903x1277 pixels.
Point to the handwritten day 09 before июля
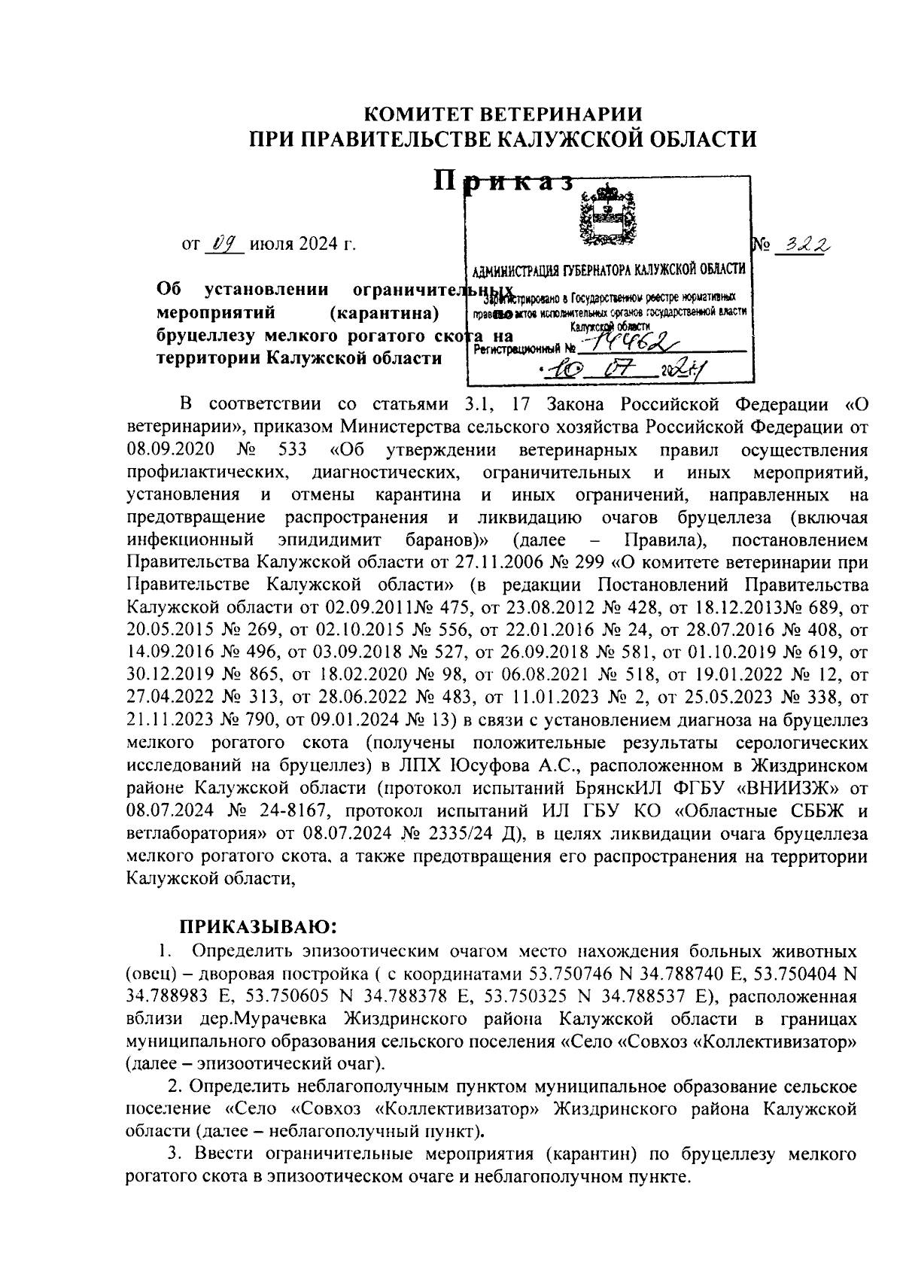(x=225, y=245)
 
